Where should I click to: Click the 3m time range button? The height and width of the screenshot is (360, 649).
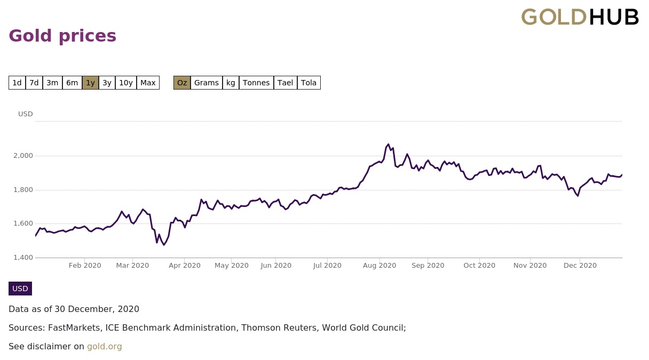tap(52, 83)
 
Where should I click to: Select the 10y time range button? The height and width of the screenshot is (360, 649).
tap(126, 83)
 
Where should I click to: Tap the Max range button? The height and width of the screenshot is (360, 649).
tap(148, 83)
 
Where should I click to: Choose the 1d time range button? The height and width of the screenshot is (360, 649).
tap(17, 83)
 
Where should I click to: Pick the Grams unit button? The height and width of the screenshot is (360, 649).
tap(207, 83)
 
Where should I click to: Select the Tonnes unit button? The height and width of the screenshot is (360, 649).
tap(256, 83)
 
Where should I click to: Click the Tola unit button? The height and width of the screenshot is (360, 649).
tap(308, 83)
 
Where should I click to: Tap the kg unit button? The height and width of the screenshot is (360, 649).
tap(231, 83)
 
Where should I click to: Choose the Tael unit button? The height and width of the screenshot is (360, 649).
tap(286, 83)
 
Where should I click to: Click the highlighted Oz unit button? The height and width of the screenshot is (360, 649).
tap(182, 83)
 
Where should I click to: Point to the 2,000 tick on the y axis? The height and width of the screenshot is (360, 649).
tap(23, 156)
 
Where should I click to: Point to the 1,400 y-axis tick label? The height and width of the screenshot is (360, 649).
tap(23, 258)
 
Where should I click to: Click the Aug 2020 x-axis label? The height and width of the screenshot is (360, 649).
tap(379, 266)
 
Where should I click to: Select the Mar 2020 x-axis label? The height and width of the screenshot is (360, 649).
tap(132, 266)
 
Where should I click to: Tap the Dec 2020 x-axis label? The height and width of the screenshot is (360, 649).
tap(580, 266)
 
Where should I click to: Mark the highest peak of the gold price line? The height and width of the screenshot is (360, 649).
tap(388, 144)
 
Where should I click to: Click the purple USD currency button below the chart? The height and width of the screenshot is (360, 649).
tap(20, 289)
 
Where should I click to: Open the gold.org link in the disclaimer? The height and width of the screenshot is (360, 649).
tap(105, 347)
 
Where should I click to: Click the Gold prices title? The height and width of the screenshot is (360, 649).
tap(62, 36)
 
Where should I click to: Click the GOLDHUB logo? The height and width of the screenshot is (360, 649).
tap(580, 17)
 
